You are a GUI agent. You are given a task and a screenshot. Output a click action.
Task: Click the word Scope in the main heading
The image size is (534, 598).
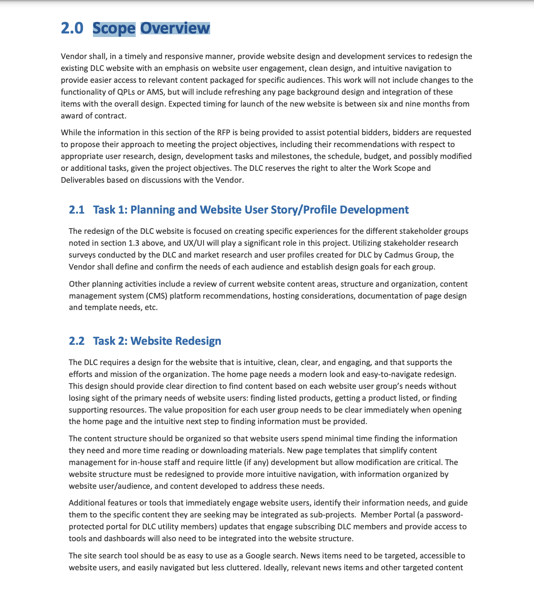coord(114,28)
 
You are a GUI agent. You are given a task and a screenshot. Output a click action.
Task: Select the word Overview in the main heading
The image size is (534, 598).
coord(175,28)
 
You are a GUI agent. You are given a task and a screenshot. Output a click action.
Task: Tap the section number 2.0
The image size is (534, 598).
coord(72,28)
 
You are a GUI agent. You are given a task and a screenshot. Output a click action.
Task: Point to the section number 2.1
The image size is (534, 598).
coord(77,210)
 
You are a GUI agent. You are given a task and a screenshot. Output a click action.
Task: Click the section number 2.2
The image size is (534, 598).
coord(77,341)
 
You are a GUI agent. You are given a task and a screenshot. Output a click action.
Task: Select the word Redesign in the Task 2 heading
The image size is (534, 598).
coord(198,341)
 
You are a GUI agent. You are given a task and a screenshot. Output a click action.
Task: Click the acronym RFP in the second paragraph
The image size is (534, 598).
coord(222,133)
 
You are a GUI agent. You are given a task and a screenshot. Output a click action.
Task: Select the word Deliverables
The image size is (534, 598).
coord(82,180)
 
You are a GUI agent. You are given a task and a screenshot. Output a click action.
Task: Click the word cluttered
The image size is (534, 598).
coord(242,568)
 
